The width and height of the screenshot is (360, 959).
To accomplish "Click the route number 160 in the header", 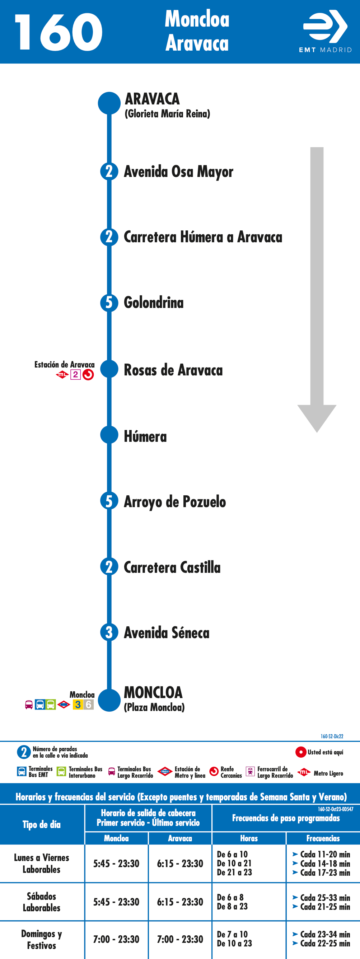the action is (59, 32).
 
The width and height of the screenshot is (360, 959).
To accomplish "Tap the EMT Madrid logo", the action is (325, 31).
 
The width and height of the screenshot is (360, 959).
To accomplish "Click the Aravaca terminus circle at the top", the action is (109, 103).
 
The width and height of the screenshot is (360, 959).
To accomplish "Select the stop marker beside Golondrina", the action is (109, 303).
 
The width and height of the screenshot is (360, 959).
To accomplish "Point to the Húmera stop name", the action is (145, 436).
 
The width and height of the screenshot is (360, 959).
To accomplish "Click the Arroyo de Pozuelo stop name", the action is (174, 502).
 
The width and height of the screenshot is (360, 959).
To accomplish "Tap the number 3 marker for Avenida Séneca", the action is (109, 632).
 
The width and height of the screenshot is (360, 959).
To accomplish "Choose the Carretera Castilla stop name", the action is (172, 567).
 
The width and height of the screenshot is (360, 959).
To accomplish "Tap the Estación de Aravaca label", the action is (64, 364).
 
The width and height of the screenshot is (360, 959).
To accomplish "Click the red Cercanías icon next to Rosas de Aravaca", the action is (88, 374).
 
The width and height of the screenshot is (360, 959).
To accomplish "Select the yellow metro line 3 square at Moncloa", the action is (78, 705).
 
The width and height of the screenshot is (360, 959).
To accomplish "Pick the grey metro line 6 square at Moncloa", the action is (89, 705).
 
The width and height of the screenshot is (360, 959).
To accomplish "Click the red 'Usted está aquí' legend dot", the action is (301, 752).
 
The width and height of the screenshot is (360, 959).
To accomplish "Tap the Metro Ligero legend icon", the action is (304, 772).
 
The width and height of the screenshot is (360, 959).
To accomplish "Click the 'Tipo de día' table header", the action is (41, 824).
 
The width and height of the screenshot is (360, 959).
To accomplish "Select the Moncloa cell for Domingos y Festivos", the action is (116, 939).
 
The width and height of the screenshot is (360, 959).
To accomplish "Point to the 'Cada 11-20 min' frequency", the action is (325, 855).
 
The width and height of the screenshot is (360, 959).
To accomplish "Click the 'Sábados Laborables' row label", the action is (41, 902).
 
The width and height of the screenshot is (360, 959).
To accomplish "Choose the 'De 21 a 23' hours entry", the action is (234, 872).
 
